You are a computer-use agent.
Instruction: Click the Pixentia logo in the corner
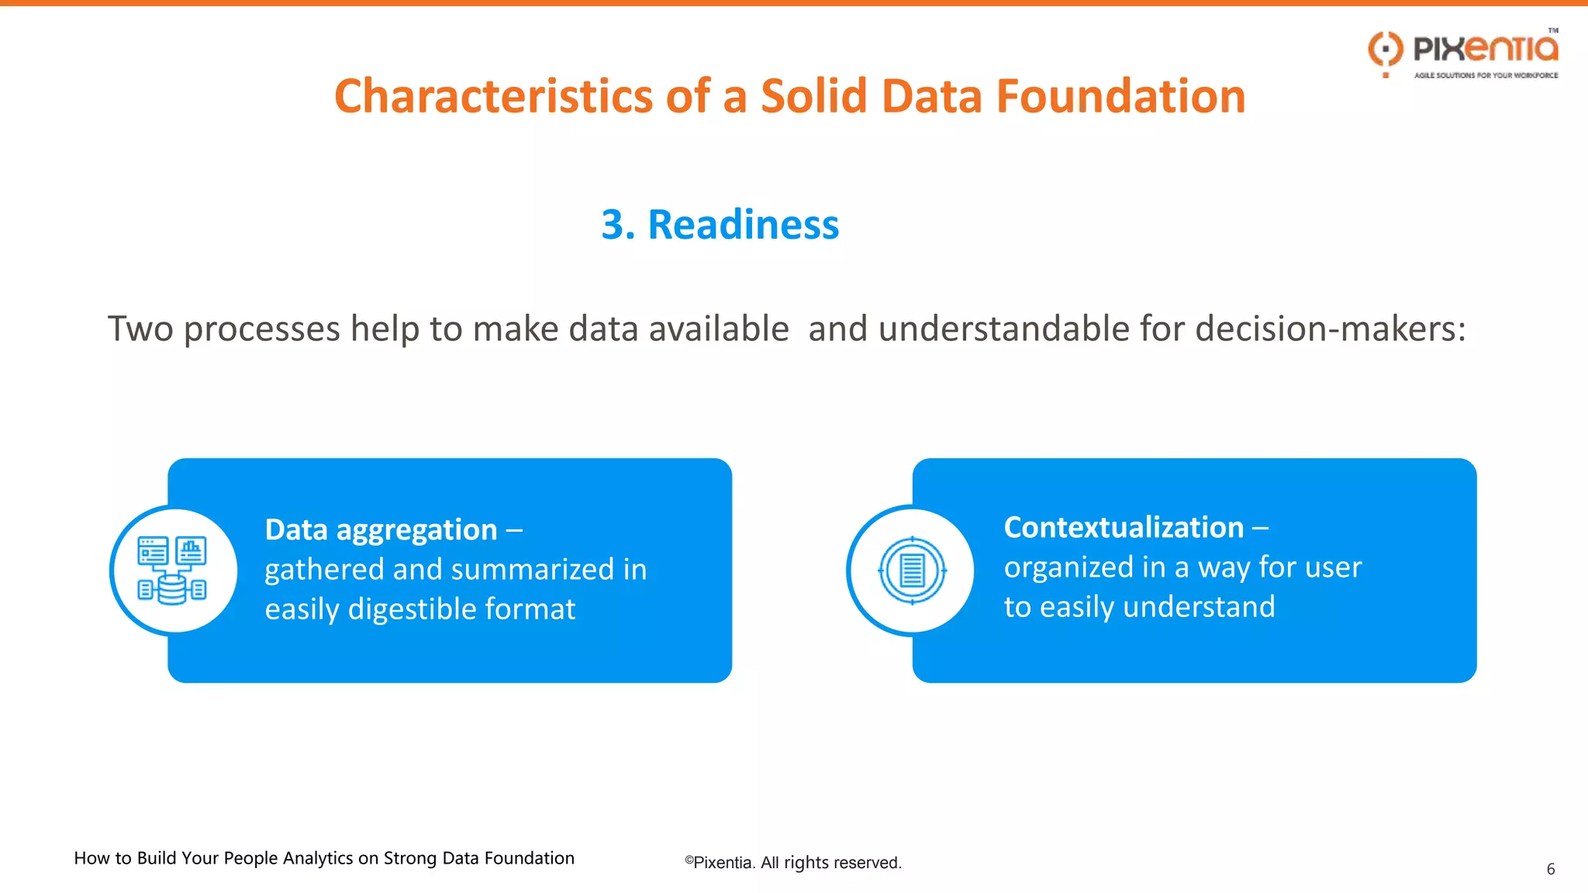(1464, 50)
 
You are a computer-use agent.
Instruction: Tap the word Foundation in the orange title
(1120, 96)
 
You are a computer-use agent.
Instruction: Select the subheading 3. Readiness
(720, 225)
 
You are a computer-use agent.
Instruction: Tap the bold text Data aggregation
(381, 530)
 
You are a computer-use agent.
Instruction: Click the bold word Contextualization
(1124, 528)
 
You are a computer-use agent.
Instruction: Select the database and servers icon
(172, 571)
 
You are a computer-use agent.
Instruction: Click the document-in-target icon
(912, 571)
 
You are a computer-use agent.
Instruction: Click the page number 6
(1550, 869)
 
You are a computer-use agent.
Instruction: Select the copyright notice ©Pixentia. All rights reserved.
(792, 863)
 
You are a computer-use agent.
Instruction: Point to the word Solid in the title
(813, 96)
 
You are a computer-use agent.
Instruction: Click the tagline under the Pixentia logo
(1486, 75)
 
